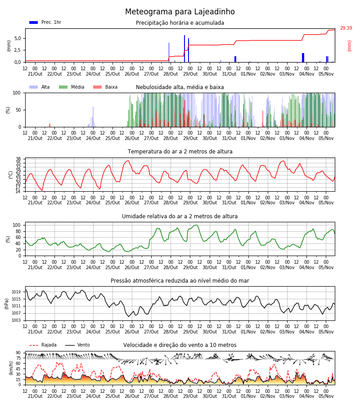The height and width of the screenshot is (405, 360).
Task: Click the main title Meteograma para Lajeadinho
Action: tap(180, 12)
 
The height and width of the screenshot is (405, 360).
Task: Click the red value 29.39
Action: tap(346, 28)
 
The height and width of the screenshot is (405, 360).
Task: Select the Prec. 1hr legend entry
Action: tap(45, 22)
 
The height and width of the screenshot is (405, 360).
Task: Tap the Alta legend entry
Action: tap(39, 87)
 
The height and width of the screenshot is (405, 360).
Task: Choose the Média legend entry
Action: tap(72, 87)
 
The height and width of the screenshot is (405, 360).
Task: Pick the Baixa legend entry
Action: tap(105, 87)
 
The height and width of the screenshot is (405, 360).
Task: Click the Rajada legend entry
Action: tap(43, 345)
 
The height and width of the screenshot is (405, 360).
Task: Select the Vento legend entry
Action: tap(77, 345)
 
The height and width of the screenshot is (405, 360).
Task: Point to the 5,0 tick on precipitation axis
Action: tap(18, 39)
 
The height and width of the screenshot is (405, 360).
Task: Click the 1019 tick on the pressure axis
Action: tap(16, 292)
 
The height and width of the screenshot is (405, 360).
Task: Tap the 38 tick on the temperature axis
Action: tap(18, 159)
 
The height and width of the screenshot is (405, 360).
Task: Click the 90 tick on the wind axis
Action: tap(18, 353)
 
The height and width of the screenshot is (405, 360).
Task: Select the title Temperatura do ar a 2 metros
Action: tap(180, 152)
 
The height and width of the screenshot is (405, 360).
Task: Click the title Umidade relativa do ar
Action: tap(180, 216)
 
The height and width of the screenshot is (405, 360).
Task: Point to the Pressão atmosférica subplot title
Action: tap(180, 280)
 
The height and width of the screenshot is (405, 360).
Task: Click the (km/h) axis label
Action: tap(11, 368)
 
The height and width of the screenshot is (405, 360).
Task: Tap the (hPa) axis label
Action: tap(7, 304)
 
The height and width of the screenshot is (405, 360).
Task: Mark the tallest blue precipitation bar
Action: tap(184, 49)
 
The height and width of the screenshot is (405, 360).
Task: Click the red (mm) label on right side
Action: tap(349, 46)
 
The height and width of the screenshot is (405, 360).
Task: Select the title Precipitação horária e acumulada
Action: tap(180, 23)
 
